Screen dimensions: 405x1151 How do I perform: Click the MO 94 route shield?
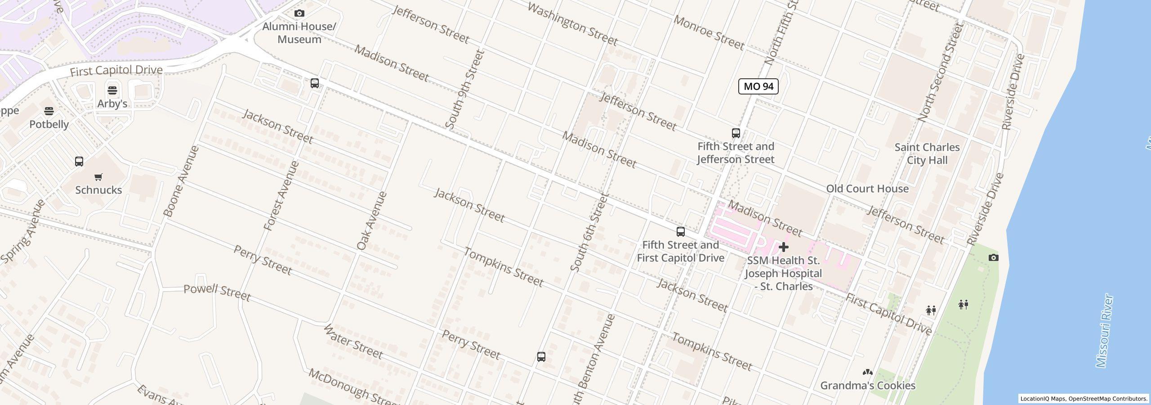click(758, 86)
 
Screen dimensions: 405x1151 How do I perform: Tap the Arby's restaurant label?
click(112, 103)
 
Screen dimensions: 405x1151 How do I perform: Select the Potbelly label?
click(49, 124)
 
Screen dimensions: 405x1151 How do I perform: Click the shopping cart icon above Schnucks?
click(98, 177)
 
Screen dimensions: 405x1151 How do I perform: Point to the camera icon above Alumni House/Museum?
click(299, 13)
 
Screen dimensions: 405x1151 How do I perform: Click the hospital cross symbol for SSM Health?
click(783, 247)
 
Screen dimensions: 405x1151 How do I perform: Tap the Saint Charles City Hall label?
click(927, 154)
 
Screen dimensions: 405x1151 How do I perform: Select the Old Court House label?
click(867, 189)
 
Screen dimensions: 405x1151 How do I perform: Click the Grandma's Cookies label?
click(867, 386)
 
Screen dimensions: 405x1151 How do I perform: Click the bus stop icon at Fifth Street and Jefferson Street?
click(736, 133)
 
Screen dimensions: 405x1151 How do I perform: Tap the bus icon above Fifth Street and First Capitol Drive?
click(681, 232)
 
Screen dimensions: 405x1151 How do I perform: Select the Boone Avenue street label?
click(181, 181)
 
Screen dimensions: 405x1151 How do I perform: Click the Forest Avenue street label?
click(281, 196)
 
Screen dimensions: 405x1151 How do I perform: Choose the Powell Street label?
click(217, 292)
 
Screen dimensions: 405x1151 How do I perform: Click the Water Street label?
click(353, 342)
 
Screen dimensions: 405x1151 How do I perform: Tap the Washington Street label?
click(572, 24)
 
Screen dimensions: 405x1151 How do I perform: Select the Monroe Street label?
click(709, 33)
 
